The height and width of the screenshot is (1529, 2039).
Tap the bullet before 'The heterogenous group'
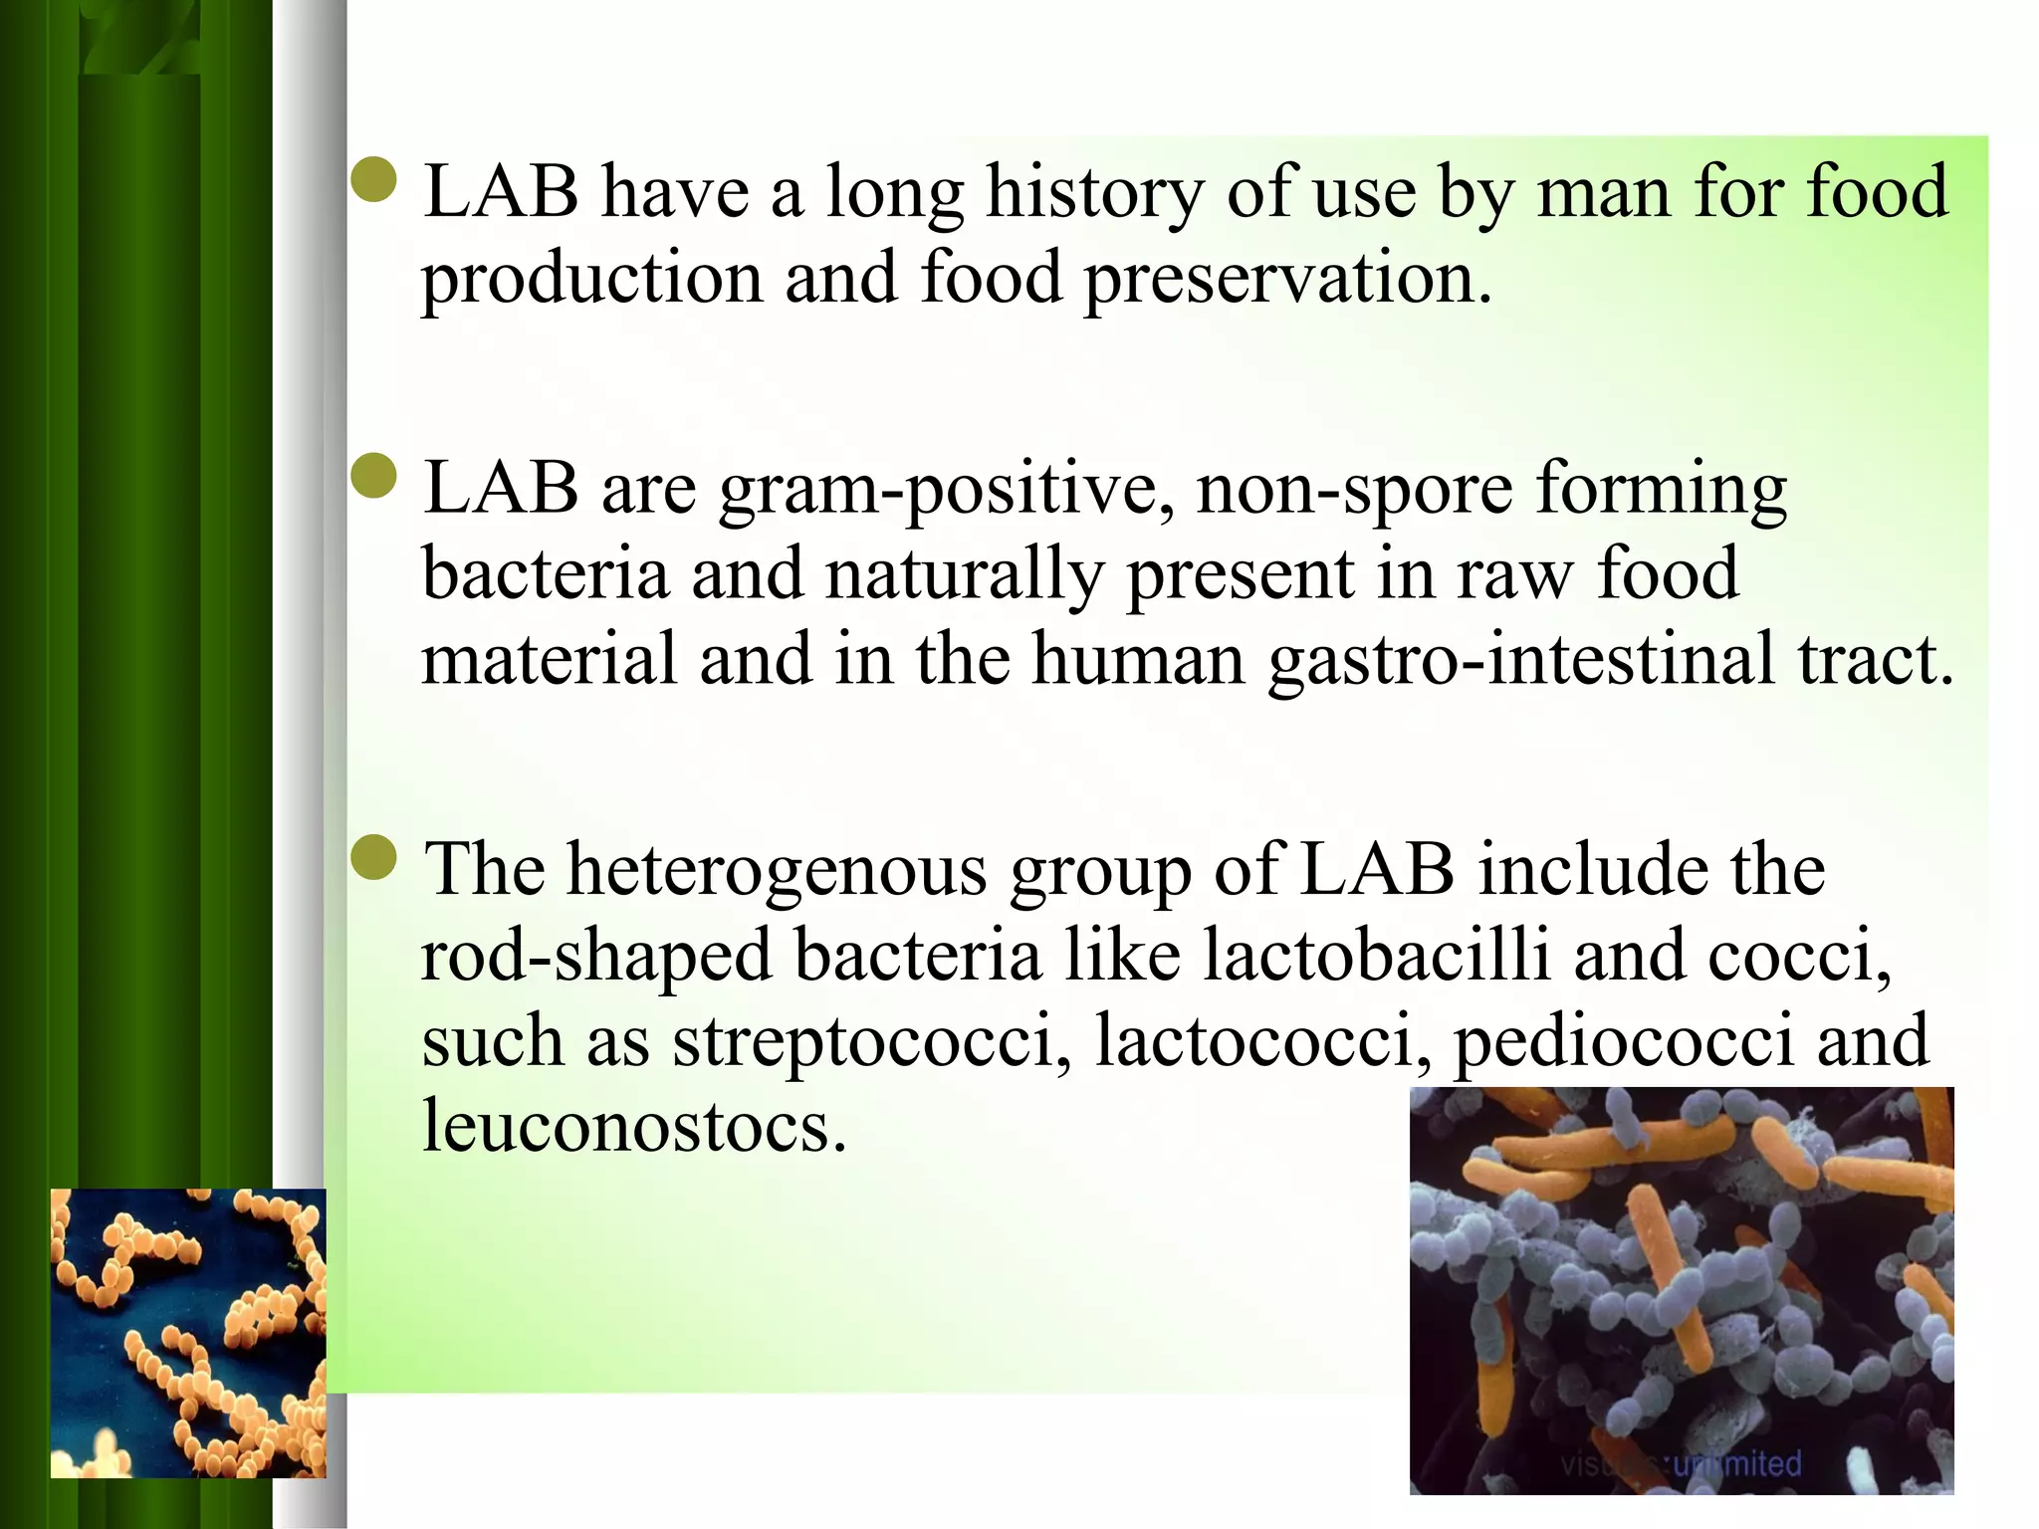[375, 857]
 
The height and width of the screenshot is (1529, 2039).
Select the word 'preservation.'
[1288, 278]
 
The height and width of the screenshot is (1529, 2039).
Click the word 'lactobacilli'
[1377, 956]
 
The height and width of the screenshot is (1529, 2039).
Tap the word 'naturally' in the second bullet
[964, 575]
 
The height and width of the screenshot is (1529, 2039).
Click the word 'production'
[591, 278]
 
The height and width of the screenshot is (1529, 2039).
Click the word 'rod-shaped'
[596, 956]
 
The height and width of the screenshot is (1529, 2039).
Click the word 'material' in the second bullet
[549, 660]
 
